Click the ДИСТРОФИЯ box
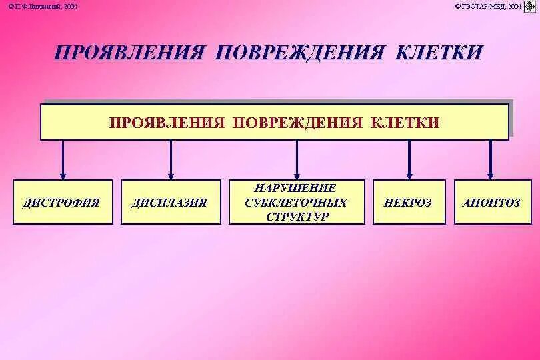pyautogui.click(x=63, y=202)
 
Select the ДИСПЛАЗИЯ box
pyautogui.click(x=170, y=202)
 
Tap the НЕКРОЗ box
pyautogui.click(x=408, y=202)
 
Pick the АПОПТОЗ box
pyautogui.click(x=491, y=202)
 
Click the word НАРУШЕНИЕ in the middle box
pyautogui.click(x=296, y=189)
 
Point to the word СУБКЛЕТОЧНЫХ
pyautogui.click(x=296, y=203)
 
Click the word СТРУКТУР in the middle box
pyautogui.click(x=296, y=217)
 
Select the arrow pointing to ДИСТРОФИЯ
pyautogui.click(x=63, y=160)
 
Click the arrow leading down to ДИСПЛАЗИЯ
pyautogui.click(x=171, y=160)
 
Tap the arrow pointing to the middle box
pyautogui.click(x=297, y=160)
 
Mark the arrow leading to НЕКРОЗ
pyautogui.click(x=409, y=160)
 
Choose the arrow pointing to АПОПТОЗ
pyautogui.click(x=491, y=160)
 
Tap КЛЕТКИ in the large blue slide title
pyautogui.click(x=437, y=53)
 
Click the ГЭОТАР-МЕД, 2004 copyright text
pyautogui.click(x=488, y=6)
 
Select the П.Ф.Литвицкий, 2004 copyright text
pyautogui.click(x=43, y=6)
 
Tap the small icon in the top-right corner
pyautogui.click(x=531, y=7)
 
